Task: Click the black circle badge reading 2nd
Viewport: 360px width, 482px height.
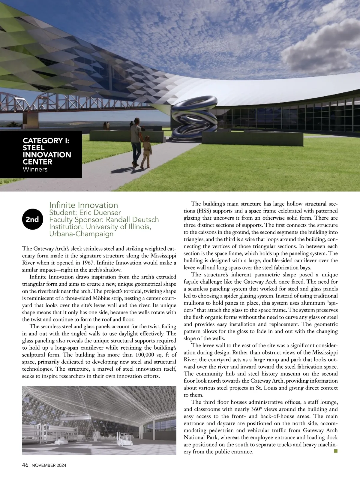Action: tap(32, 219)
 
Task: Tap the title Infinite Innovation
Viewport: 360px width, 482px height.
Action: tap(84, 205)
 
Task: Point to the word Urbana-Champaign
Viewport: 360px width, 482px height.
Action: tap(81, 234)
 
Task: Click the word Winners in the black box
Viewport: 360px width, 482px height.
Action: tap(35, 169)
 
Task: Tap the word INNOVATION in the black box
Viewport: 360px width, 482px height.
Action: tap(47, 155)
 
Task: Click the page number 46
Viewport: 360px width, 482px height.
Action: tap(25, 465)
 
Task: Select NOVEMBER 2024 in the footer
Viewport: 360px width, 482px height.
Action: tap(49, 465)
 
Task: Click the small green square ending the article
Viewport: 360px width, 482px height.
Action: tap(335, 451)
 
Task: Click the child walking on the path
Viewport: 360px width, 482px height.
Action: tap(146, 152)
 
